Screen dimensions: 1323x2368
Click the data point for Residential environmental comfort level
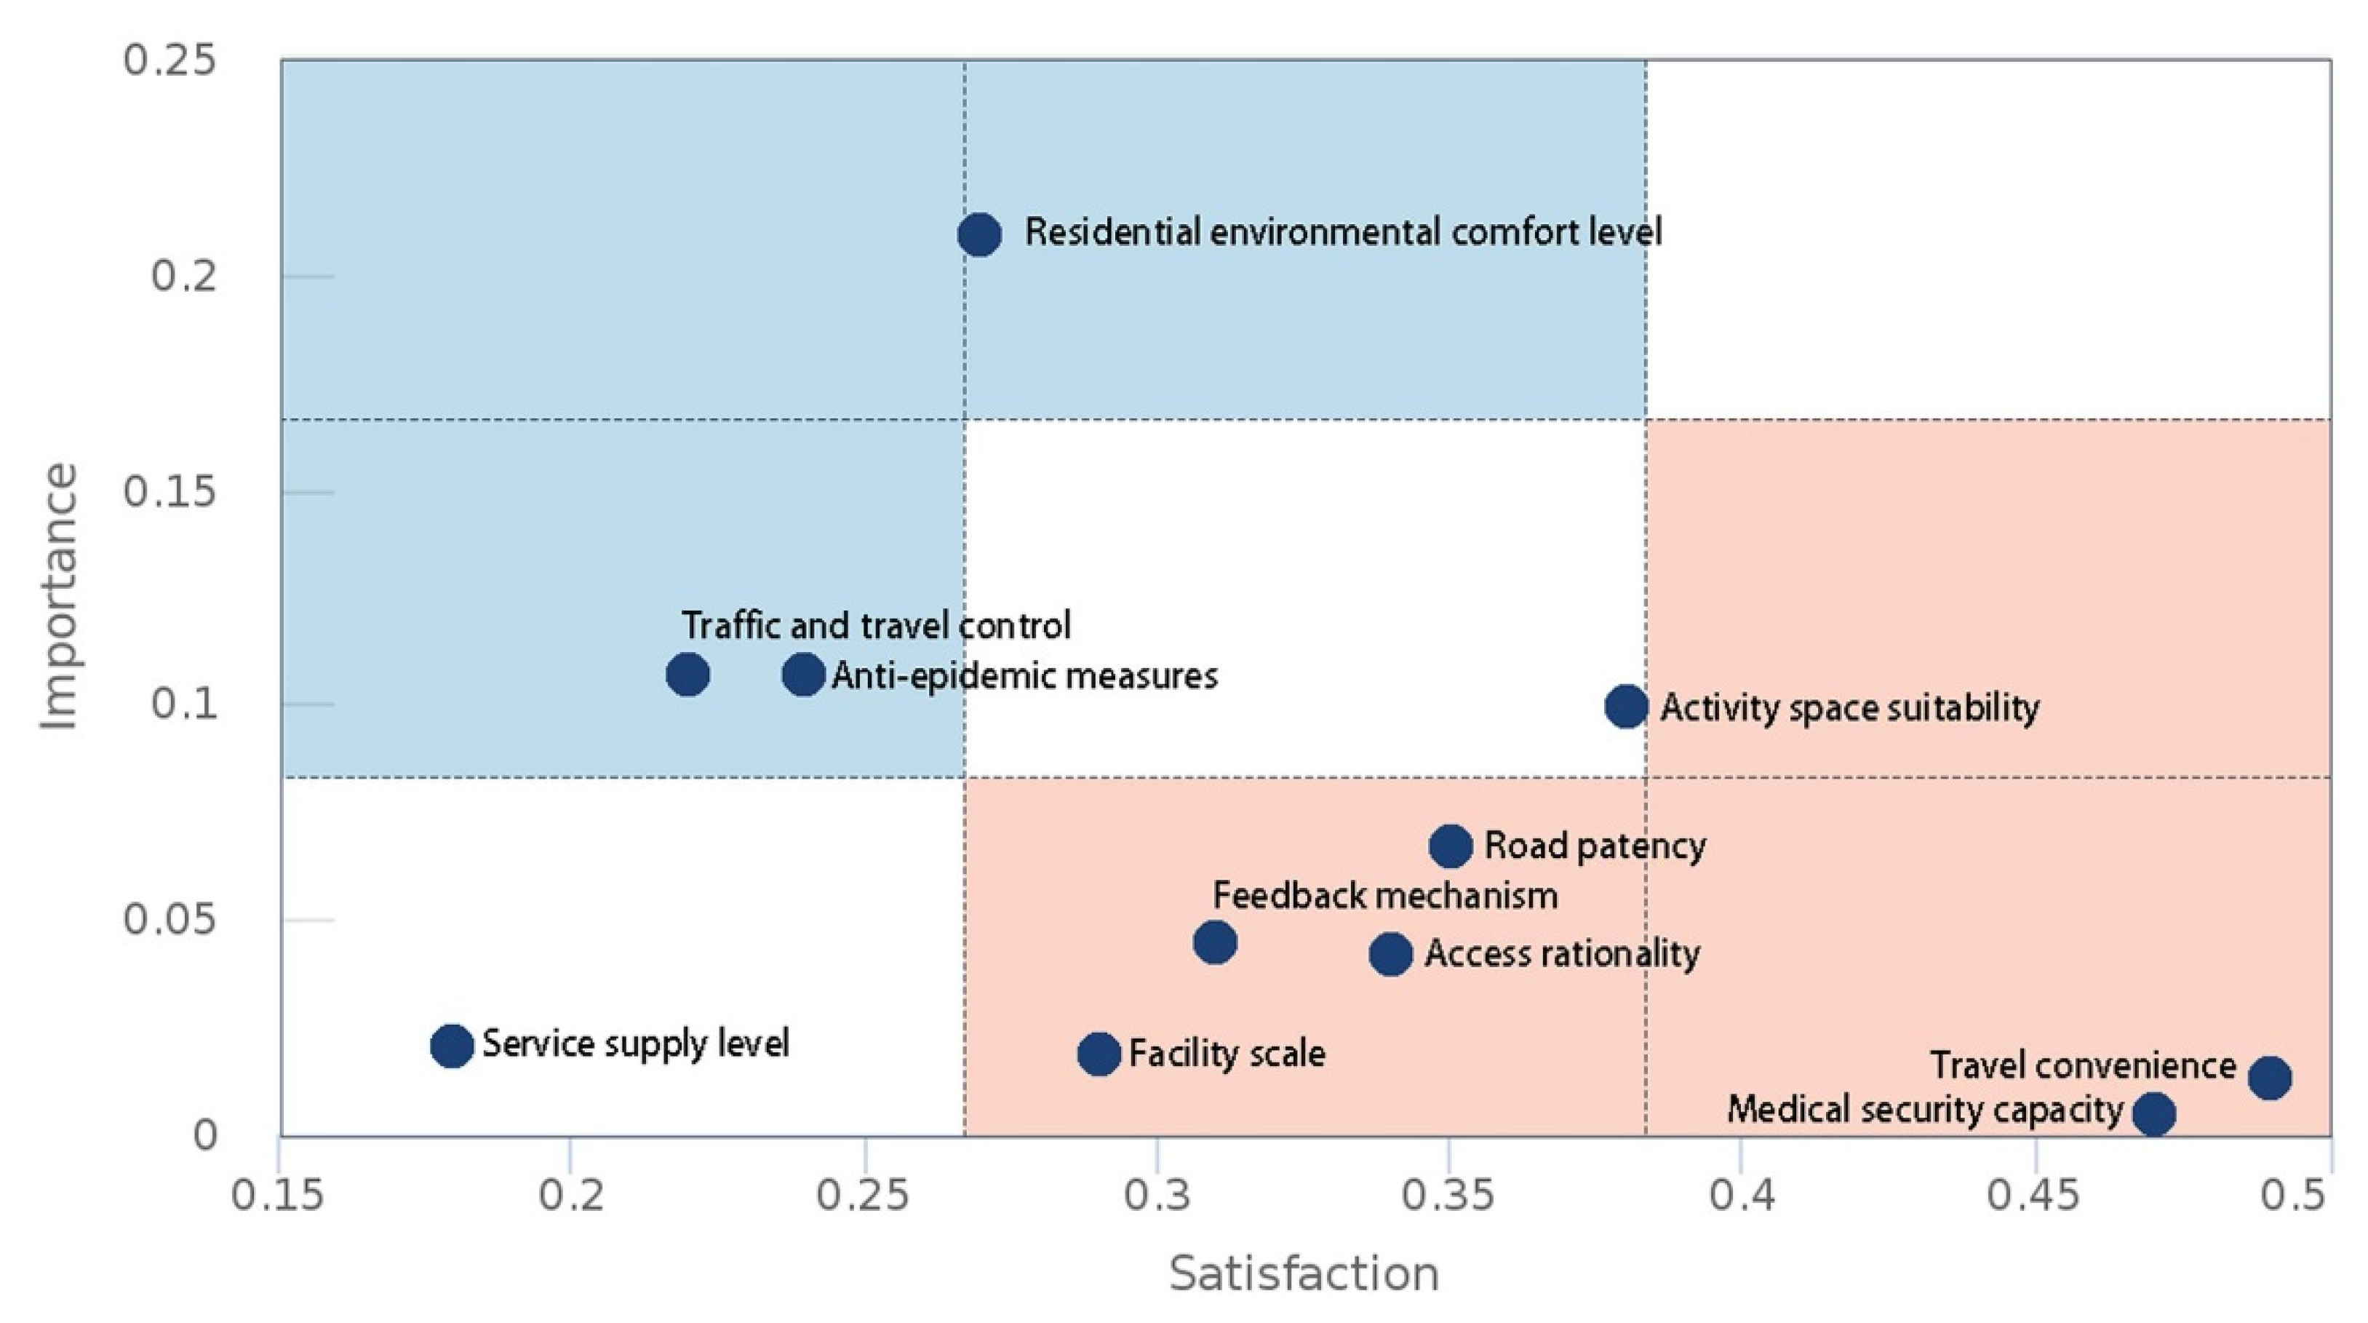979,234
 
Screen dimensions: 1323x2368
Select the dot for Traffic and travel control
687,675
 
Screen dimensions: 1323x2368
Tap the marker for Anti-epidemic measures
803,675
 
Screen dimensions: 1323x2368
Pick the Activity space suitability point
1626,706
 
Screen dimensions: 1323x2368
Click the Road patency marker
1451,846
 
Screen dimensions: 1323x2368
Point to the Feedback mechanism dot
1215,942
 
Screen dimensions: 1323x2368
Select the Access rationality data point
1391,954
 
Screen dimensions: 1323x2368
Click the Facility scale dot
1099,1054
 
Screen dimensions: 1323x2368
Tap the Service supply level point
451,1045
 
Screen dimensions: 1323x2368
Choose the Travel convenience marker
2270,1078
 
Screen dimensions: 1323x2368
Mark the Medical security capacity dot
2154,1114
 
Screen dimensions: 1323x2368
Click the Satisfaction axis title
1304,1274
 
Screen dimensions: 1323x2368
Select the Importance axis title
59,597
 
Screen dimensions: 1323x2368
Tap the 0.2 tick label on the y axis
184,276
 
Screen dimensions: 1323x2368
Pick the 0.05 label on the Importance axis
170,919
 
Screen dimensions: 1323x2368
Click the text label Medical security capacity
1925,1110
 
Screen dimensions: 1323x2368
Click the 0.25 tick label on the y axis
170,60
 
